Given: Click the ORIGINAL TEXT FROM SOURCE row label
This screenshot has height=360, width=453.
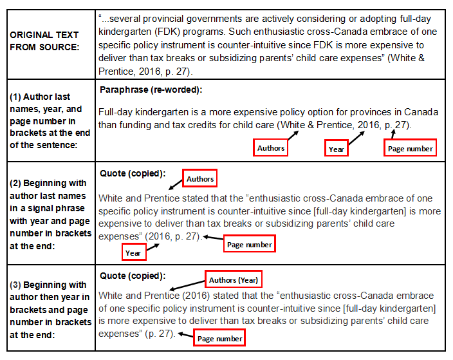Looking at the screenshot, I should [x=44, y=40].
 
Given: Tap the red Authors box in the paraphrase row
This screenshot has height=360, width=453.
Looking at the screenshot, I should [x=271, y=148].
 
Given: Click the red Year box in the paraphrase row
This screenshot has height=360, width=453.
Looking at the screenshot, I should [x=337, y=149].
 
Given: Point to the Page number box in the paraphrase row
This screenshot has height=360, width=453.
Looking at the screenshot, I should [x=411, y=149].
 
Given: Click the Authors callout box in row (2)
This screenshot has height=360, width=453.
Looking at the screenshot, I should [x=200, y=179].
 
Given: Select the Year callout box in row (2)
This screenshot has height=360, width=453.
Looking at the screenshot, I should [x=133, y=253].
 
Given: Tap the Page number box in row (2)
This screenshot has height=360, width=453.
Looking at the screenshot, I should [x=250, y=245].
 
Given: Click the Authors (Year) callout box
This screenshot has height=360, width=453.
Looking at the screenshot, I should [x=234, y=280].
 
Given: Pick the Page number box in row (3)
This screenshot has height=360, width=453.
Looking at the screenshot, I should [x=219, y=339].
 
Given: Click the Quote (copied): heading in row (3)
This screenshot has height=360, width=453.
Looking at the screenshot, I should [x=133, y=276].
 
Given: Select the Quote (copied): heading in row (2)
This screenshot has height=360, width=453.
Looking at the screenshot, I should [x=133, y=173].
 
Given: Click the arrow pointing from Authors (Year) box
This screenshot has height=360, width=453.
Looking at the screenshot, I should [x=187, y=285].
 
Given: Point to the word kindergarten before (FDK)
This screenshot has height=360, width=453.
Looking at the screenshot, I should [x=126, y=32].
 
